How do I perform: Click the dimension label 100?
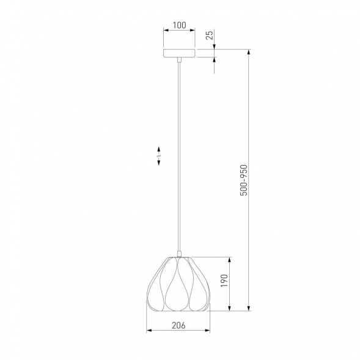tap(179, 25)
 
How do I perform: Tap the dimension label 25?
tap(210, 35)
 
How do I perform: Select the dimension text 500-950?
tap(244, 180)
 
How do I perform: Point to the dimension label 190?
tap(224, 281)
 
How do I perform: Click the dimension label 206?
tap(178, 325)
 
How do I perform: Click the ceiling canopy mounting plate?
tap(179, 53)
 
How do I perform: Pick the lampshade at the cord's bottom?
tap(178, 284)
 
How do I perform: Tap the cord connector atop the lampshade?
tap(179, 254)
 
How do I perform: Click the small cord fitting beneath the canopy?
tap(179, 60)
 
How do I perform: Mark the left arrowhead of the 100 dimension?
tap(166, 30)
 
